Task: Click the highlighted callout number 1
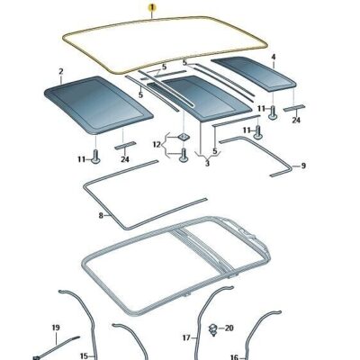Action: (x=152, y=7)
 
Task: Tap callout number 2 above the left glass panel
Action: (x=61, y=72)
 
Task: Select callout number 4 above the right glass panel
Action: (x=274, y=57)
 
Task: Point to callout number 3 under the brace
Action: (x=207, y=164)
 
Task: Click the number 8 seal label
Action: (x=101, y=215)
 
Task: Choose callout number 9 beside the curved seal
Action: (x=303, y=166)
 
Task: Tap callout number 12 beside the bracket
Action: (x=157, y=145)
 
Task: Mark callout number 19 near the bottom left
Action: (x=56, y=328)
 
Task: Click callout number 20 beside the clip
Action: (x=229, y=328)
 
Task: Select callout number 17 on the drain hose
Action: (x=186, y=338)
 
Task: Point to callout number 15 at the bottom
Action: (x=84, y=356)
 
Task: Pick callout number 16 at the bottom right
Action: (x=234, y=357)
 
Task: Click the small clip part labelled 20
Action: (x=213, y=329)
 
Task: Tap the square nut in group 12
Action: (x=184, y=137)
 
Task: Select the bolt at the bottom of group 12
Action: (x=184, y=155)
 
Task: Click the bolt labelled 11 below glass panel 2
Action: (x=95, y=157)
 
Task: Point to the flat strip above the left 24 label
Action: (x=125, y=145)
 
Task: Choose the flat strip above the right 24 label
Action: (x=294, y=108)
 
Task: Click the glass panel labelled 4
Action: (x=254, y=73)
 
